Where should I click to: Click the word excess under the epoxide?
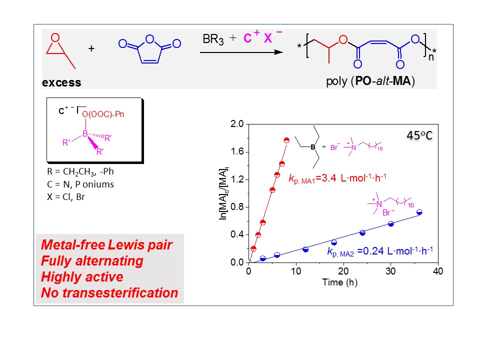point(61,82)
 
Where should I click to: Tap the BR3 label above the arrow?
point(213,38)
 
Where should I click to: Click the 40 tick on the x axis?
point(438,271)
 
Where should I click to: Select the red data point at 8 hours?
point(286,140)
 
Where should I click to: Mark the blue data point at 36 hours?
point(419,212)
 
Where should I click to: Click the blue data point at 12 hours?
point(305,249)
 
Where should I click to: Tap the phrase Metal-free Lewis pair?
point(106,245)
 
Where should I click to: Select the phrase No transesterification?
point(109,292)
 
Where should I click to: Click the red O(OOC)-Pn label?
point(103,114)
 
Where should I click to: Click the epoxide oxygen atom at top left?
point(56,37)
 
